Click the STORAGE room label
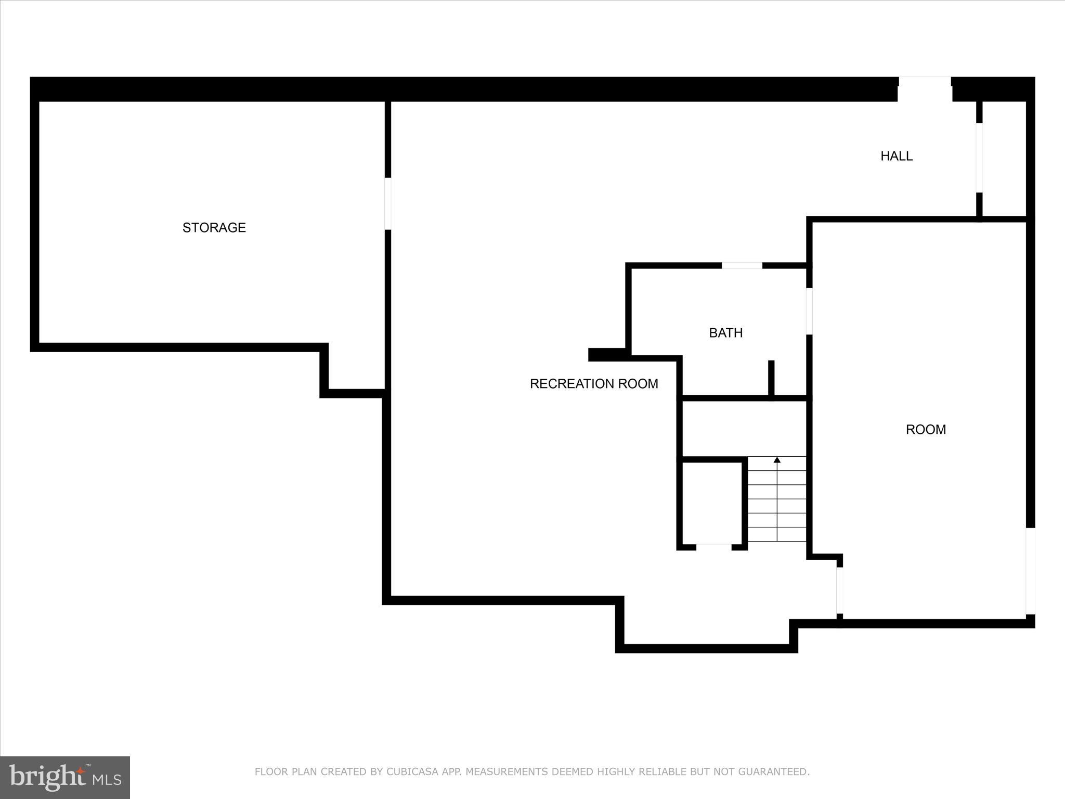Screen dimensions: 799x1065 coord(214,227)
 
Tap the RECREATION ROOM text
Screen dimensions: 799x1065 coord(594,384)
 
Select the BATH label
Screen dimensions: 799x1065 coord(725,333)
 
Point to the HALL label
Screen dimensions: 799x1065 coord(896,156)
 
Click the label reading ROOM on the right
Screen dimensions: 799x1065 coord(926,430)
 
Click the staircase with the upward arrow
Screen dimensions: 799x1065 coord(777,502)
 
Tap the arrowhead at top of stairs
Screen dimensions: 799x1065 coord(777,460)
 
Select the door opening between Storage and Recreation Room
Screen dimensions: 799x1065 coord(387,203)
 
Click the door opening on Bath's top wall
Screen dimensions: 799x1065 coord(742,266)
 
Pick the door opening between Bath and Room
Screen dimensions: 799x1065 coord(809,311)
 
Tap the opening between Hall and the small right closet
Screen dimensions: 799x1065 coord(979,158)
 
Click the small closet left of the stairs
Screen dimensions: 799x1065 coord(711,502)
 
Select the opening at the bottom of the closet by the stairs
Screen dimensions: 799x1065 coord(713,547)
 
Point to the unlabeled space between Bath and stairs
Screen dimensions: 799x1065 coord(744,429)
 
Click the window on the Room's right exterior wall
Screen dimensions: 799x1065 coord(1030,571)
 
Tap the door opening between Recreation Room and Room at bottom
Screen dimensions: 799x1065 coord(839,590)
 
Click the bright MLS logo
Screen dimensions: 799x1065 coord(65,777)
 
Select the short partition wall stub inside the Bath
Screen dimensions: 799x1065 coord(771,378)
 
